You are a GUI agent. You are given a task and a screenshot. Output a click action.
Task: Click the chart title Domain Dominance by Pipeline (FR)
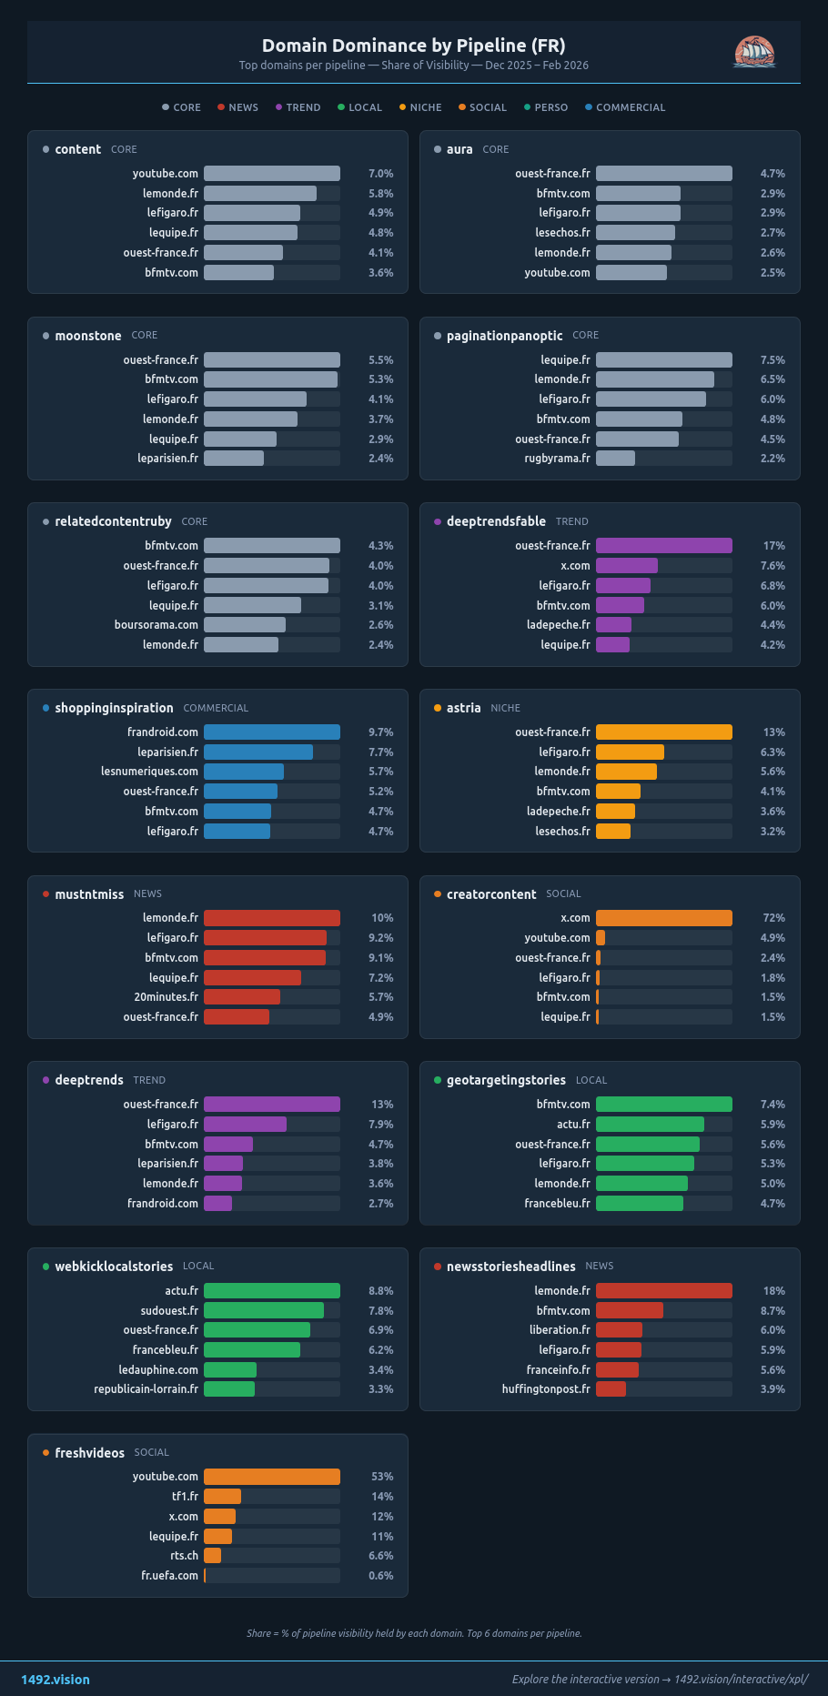(x=413, y=45)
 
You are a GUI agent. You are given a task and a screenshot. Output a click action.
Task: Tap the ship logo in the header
(x=754, y=52)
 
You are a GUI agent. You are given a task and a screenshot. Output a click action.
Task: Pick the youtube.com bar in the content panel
(x=271, y=174)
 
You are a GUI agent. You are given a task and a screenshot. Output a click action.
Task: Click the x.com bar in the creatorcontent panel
(x=663, y=918)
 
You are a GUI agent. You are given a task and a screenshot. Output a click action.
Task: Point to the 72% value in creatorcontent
(x=773, y=918)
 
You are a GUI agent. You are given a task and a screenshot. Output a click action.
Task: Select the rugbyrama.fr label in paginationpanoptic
(x=557, y=459)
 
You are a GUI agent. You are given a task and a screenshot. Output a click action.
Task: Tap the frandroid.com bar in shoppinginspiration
(x=271, y=732)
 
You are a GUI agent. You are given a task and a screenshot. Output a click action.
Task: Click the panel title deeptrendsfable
(x=496, y=521)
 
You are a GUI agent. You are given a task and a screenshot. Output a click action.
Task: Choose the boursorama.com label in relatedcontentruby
(x=157, y=625)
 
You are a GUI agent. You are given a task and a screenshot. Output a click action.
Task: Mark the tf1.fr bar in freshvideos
(x=222, y=1497)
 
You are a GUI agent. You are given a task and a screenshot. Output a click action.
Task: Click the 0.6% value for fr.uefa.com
(x=381, y=1576)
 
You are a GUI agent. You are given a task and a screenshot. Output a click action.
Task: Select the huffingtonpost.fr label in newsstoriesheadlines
(x=546, y=1389)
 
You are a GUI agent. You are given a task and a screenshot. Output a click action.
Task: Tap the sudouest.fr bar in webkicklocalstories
(x=263, y=1311)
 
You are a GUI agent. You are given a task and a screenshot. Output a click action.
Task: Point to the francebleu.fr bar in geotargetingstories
(x=639, y=1204)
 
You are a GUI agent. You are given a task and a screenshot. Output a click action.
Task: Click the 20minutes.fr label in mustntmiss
(x=166, y=997)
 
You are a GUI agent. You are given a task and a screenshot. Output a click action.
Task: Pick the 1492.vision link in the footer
(x=56, y=1680)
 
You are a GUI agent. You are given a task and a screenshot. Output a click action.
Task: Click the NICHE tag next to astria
(x=505, y=708)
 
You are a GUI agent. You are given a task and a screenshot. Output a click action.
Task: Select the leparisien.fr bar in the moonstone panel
(x=233, y=459)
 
